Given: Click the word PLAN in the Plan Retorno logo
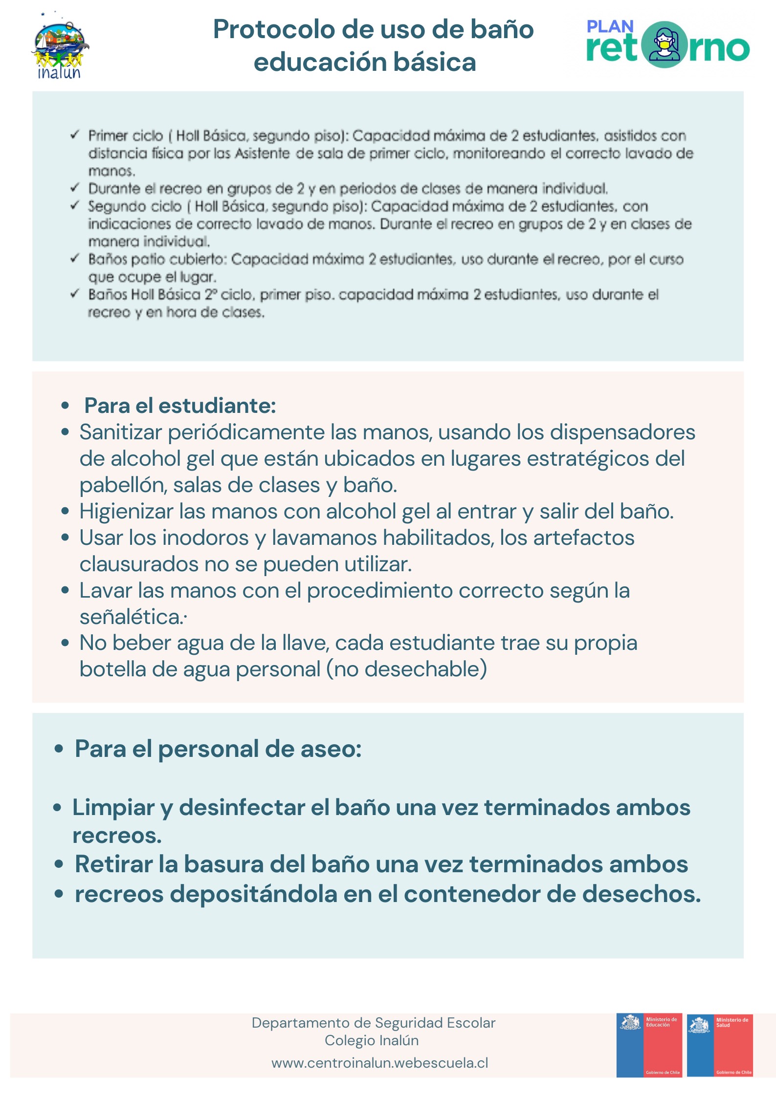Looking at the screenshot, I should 610,26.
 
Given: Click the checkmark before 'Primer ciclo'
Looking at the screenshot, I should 75,135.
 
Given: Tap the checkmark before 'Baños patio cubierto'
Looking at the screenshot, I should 75,258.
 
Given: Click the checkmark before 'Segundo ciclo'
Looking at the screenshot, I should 75,206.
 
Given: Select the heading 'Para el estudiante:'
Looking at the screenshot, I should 180,406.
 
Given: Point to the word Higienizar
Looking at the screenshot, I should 126,512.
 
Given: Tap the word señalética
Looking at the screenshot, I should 132,617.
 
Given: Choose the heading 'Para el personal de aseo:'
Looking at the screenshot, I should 218,749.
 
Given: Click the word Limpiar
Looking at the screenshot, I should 113,807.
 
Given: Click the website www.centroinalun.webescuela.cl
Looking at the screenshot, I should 379,1063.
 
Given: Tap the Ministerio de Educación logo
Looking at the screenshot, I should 649,1045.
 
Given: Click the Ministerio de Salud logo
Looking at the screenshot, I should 720,1045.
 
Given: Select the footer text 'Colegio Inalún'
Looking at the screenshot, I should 372,1040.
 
